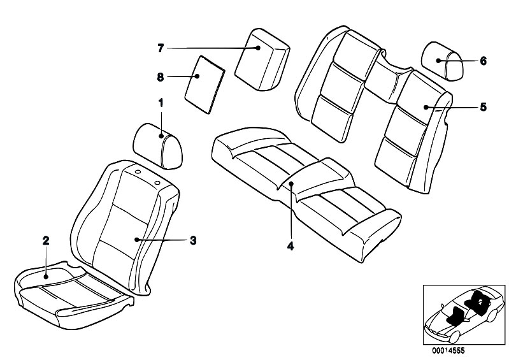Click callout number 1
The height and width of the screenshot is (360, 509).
[x=161, y=102]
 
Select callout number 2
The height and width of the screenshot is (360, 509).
[x=45, y=240]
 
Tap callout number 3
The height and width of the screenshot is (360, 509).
[x=192, y=240]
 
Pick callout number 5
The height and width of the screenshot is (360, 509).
[x=483, y=107]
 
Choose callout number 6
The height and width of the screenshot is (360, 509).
[x=483, y=61]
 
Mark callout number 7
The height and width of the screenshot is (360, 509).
[x=161, y=48]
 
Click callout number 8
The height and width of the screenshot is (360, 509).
[x=161, y=76]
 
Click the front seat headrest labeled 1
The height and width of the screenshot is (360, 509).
[x=158, y=145]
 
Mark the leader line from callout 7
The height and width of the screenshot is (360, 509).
[x=210, y=48]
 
